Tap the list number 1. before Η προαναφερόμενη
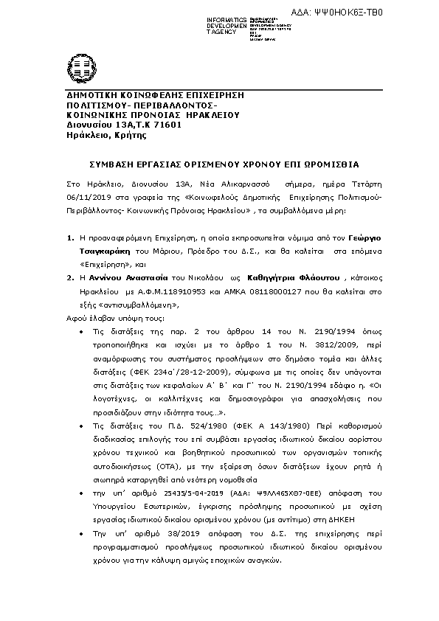[70, 240]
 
